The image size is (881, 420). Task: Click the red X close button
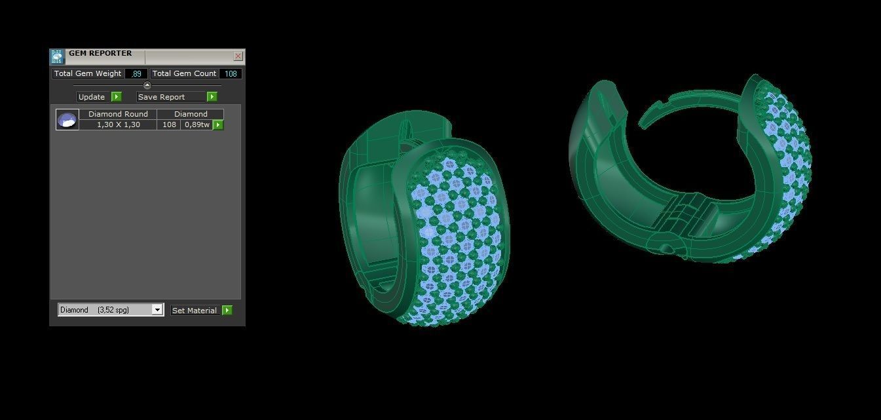click(238, 56)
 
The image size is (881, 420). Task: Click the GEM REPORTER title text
click(100, 54)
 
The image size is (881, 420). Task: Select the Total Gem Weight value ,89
click(136, 74)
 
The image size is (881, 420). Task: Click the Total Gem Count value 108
click(231, 74)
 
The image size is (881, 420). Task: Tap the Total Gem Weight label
click(88, 74)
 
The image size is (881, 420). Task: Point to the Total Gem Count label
click(184, 74)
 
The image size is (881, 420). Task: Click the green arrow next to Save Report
click(212, 97)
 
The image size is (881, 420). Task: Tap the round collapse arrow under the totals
click(147, 85)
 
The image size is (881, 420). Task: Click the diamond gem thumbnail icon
click(67, 120)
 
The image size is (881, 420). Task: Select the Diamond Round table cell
click(118, 114)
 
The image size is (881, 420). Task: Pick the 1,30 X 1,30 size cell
click(118, 124)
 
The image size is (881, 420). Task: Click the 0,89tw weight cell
click(197, 124)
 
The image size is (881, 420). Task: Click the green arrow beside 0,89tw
click(218, 124)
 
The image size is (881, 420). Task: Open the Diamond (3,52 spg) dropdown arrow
click(157, 310)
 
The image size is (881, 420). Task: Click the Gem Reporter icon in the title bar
click(58, 56)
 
